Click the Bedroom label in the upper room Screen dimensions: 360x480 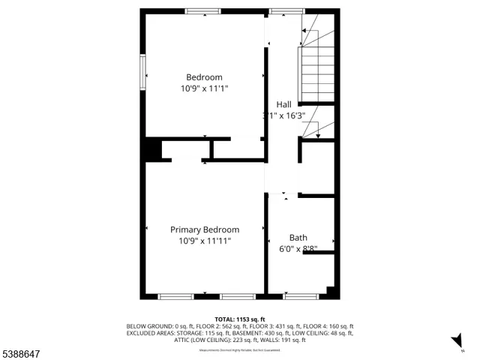[x=204, y=77]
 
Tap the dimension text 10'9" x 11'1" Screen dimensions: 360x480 [x=204, y=88]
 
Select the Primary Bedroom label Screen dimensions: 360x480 [x=204, y=229]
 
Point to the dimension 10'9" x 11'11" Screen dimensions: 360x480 [x=204, y=241]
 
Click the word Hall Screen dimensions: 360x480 [x=283, y=104]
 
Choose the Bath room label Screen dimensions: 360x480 [x=298, y=238]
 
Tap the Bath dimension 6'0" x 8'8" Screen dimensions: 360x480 [x=298, y=249]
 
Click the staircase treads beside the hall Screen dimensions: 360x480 [x=312, y=74]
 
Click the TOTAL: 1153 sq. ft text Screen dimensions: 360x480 [x=240, y=319]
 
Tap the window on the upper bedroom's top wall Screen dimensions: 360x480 [x=203, y=11]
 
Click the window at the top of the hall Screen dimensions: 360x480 [x=282, y=11]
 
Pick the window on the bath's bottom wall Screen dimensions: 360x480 [x=300, y=297]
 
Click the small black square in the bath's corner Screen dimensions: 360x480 [x=331, y=290]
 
